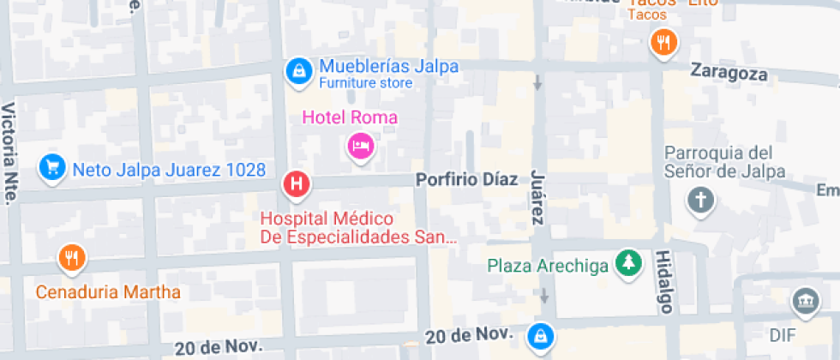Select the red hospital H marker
(x=297, y=183)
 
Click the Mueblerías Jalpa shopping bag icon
(x=297, y=69)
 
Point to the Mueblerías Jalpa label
(x=388, y=66)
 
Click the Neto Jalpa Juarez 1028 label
(x=169, y=170)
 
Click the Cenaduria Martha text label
(x=108, y=291)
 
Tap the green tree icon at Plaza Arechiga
(x=628, y=262)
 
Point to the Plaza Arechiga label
(x=548, y=265)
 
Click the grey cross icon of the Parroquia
(x=700, y=201)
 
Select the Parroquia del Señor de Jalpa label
(x=724, y=162)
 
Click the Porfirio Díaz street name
(x=466, y=180)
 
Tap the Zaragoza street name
(x=729, y=73)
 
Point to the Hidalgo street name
(x=664, y=282)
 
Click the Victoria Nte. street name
(x=9, y=154)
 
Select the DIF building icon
(x=805, y=301)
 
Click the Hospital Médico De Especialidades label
(x=358, y=228)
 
